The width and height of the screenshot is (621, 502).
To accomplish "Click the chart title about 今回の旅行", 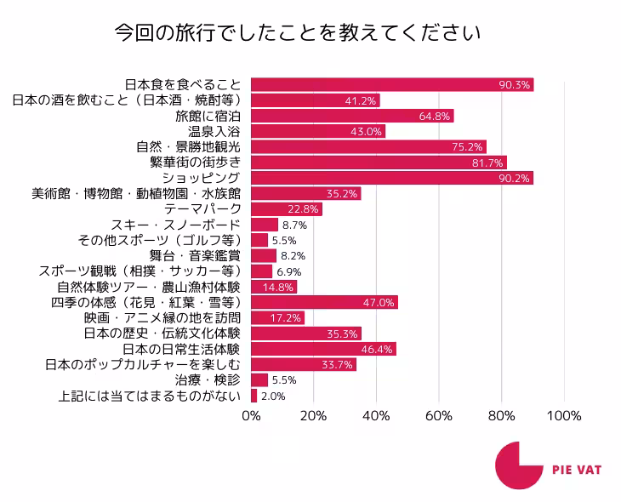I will coord(297,33).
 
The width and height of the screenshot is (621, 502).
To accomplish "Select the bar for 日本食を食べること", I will coord(392,84).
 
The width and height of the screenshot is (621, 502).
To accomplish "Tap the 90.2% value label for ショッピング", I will coord(516,178).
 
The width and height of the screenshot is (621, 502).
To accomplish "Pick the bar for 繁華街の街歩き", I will coord(379,163).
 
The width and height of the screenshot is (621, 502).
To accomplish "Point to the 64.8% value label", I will coord(435,116).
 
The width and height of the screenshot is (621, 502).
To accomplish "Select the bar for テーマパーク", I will coord(287,209).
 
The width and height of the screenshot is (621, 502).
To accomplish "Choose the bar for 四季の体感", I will coord(325,302).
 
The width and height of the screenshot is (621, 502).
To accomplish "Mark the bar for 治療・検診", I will coord(259,380).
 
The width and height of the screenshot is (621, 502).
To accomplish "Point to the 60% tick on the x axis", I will coord(439,416).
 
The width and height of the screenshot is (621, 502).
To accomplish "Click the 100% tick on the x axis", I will coord(563,416).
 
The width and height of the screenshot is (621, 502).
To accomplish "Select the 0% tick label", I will coord(252,416).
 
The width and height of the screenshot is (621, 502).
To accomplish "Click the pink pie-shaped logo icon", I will coord(517,465).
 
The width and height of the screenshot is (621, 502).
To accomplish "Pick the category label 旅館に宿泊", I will coord(208,116).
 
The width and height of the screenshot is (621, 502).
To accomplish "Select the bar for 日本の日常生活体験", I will coord(323,349).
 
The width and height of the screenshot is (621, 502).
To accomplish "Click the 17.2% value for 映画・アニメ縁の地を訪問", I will coord(286,317).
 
